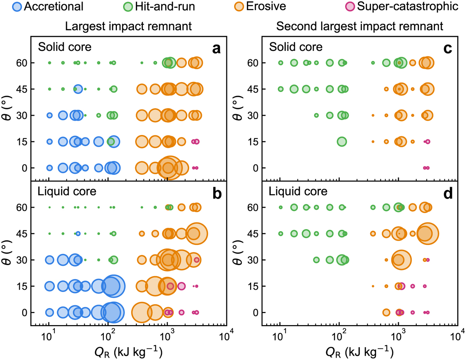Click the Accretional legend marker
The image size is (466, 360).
pos(17,7)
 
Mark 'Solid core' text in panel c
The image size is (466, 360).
pos(296,47)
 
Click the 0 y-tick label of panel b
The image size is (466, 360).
pos(24,312)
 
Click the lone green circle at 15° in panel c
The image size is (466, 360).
pos(341,142)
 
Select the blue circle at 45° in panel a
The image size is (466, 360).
pos(78,89)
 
